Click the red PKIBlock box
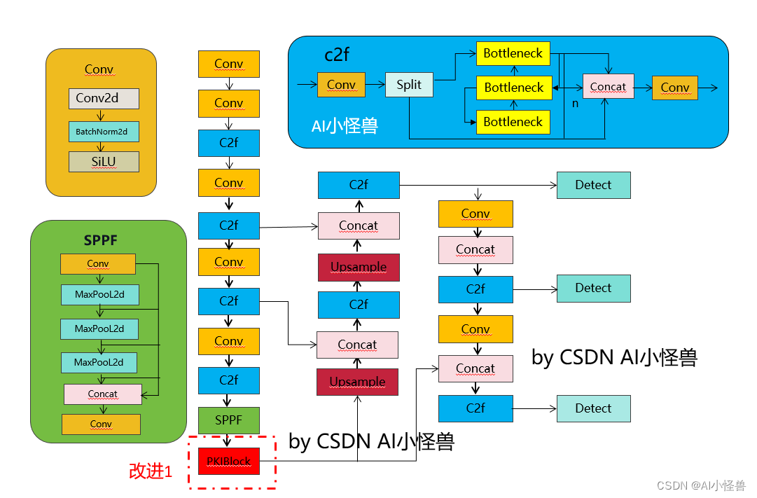coord(229,461)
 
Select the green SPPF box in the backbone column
coord(229,420)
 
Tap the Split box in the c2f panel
coord(410,85)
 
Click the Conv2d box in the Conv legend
coord(104,98)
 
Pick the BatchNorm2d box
coord(104,131)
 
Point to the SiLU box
coord(104,162)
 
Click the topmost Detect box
coord(593,185)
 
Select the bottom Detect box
coord(593,408)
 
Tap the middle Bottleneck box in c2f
coord(513,88)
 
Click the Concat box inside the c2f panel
coord(608,87)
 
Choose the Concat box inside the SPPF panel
coord(103,394)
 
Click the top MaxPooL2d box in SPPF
coord(99,294)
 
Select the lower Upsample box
coord(357,382)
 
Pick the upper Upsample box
coord(359,268)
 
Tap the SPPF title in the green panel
coord(100,240)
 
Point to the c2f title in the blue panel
coord(337,55)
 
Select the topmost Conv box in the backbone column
coord(229,64)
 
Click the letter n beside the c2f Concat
coord(575,103)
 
